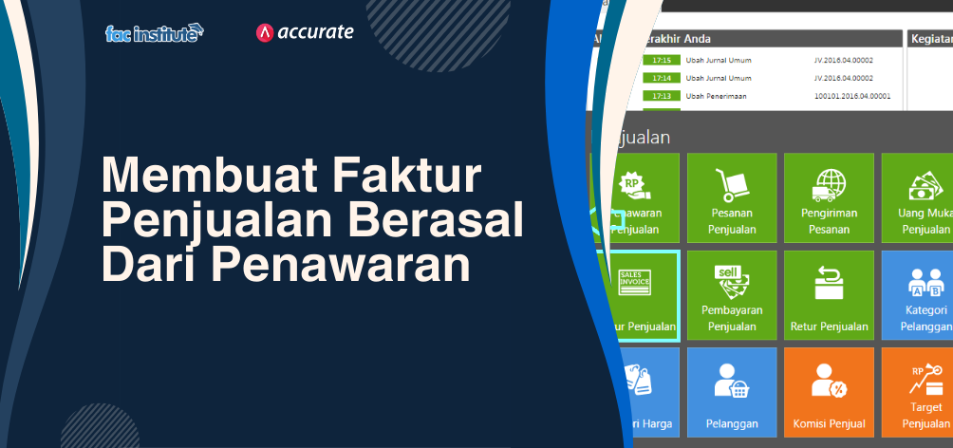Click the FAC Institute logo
click(x=155, y=34)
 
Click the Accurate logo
click(x=305, y=32)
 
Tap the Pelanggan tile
click(x=731, y=392)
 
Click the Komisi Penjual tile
click(x=829, y=392)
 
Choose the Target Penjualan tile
click(x=919, y=392)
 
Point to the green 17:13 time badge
click(x=662, y=96)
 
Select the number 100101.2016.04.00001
click(x=852, y=96)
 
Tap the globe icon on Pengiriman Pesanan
click(x=829, y=183)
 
